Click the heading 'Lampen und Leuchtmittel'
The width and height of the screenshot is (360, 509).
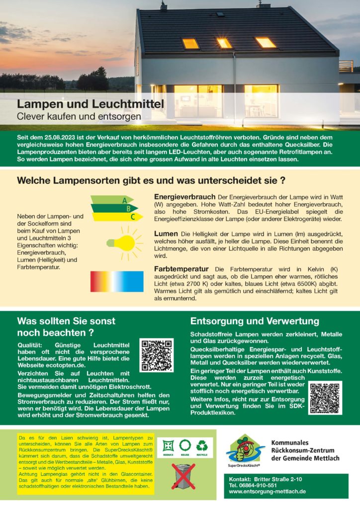(x=90, y=105)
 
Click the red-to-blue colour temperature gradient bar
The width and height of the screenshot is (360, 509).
(x=116, y=281)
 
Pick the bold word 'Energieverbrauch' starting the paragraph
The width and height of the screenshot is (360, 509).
(x=184, y=197)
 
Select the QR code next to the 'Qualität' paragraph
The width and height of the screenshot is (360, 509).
(x=157, y=355)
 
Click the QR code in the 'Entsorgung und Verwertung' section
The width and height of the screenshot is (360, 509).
(x=325, y=398)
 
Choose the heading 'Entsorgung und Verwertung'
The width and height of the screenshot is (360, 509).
(x=255, y=321)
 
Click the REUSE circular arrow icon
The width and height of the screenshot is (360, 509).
(x=185, y=445)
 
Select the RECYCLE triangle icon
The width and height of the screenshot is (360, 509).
(x=202, y=445)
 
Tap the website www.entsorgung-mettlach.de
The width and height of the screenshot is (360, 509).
(x=267, y=491)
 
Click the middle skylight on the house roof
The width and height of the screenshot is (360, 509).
(x=224, y=43)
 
